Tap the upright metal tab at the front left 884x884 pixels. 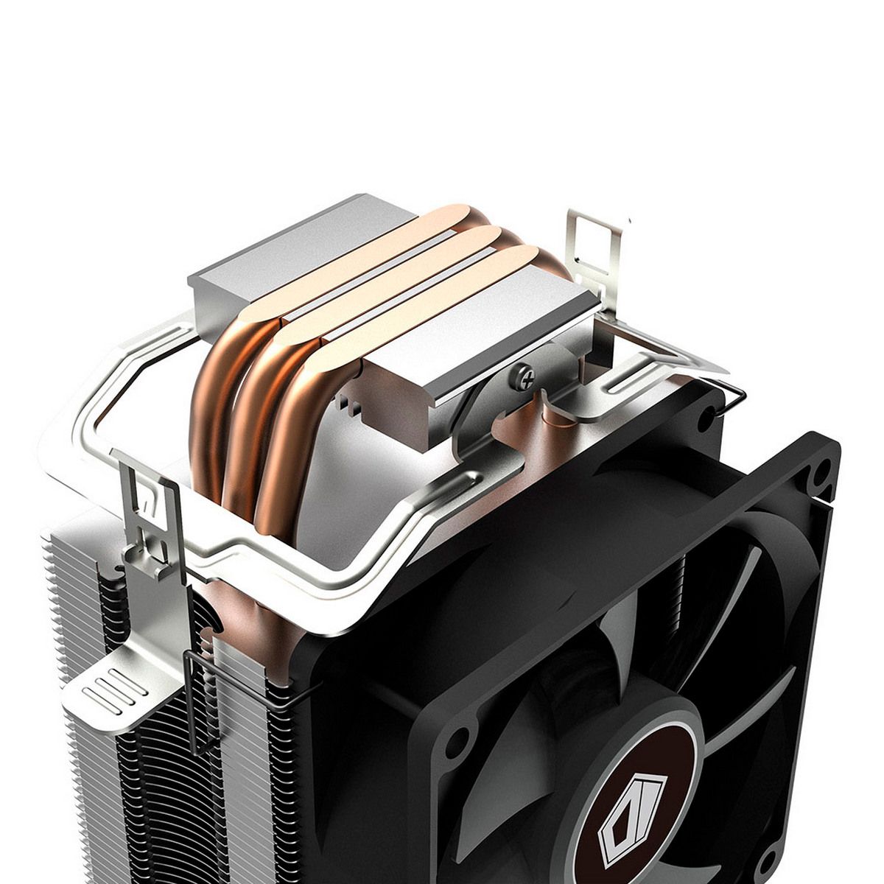151,523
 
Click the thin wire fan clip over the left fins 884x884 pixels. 193,700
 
